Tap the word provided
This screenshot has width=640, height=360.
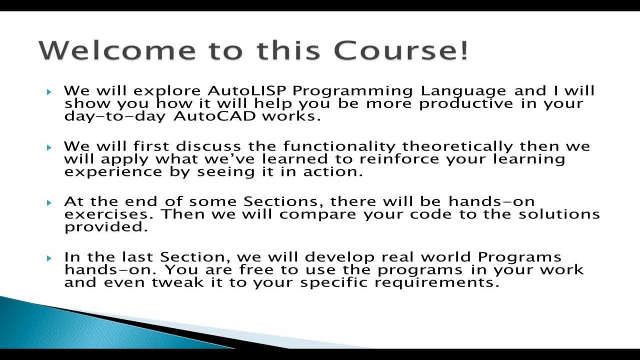pyautogui.click(x=106, y=227)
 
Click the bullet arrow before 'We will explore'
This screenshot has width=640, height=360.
pyautogui.click(x=49, y=92)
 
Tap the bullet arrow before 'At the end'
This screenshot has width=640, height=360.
pyautogui.click(x=49, y=202)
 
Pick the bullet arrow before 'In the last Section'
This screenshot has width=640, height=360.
pyautogui.click(x=49, y=258)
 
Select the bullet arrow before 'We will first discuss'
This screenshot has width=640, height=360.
pyautogui.click(x=49, y=147)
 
